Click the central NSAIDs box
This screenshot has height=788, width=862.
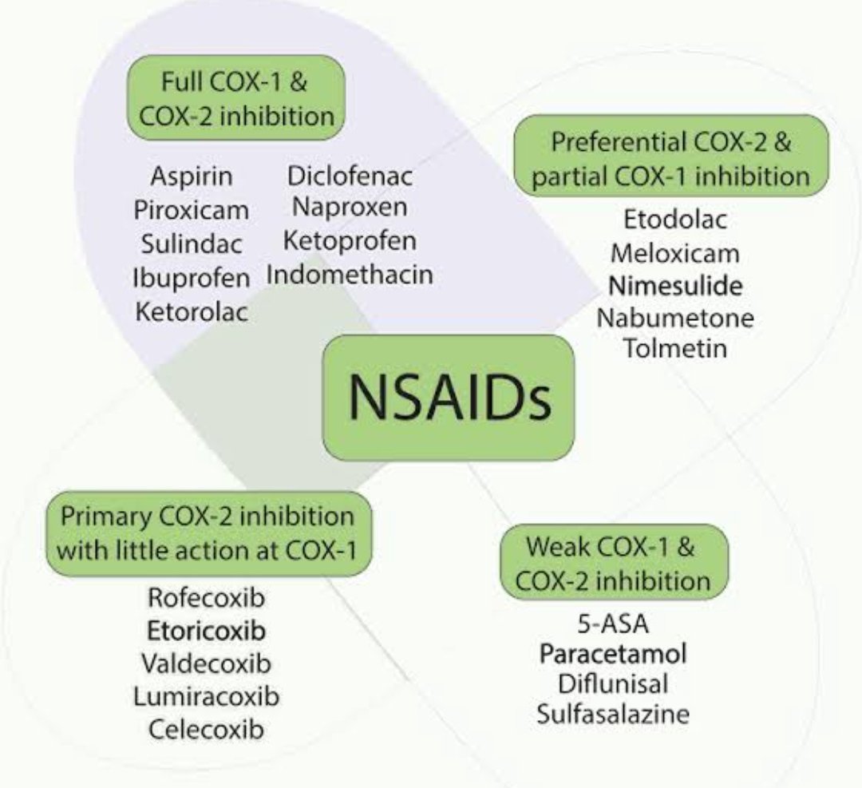click(448, 398)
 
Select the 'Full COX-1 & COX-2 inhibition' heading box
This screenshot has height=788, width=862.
click(236, 97)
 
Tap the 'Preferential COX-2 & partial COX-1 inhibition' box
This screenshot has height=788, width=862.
click(670, 156)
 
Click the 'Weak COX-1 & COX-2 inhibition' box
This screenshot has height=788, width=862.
click(613, 562)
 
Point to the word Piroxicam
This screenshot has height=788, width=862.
click(192, 211)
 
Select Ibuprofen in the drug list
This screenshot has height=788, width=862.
click(192, 278)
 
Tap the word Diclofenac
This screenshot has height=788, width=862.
click(350, 176)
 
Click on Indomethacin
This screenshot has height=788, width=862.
click(350, 275)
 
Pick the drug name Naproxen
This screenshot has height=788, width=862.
click(350, 208)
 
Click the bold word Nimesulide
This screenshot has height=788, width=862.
click(675, 286)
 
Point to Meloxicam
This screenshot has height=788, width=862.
click(675, 254)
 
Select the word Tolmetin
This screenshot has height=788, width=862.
click(675, 349)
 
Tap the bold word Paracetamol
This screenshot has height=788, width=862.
click(613, 654)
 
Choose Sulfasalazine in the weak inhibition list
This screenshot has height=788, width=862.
click(613, 713)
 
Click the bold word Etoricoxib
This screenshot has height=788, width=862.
click(206, 631)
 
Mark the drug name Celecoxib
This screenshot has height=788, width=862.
click(206, 728)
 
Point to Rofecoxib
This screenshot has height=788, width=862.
click(206, 597)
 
